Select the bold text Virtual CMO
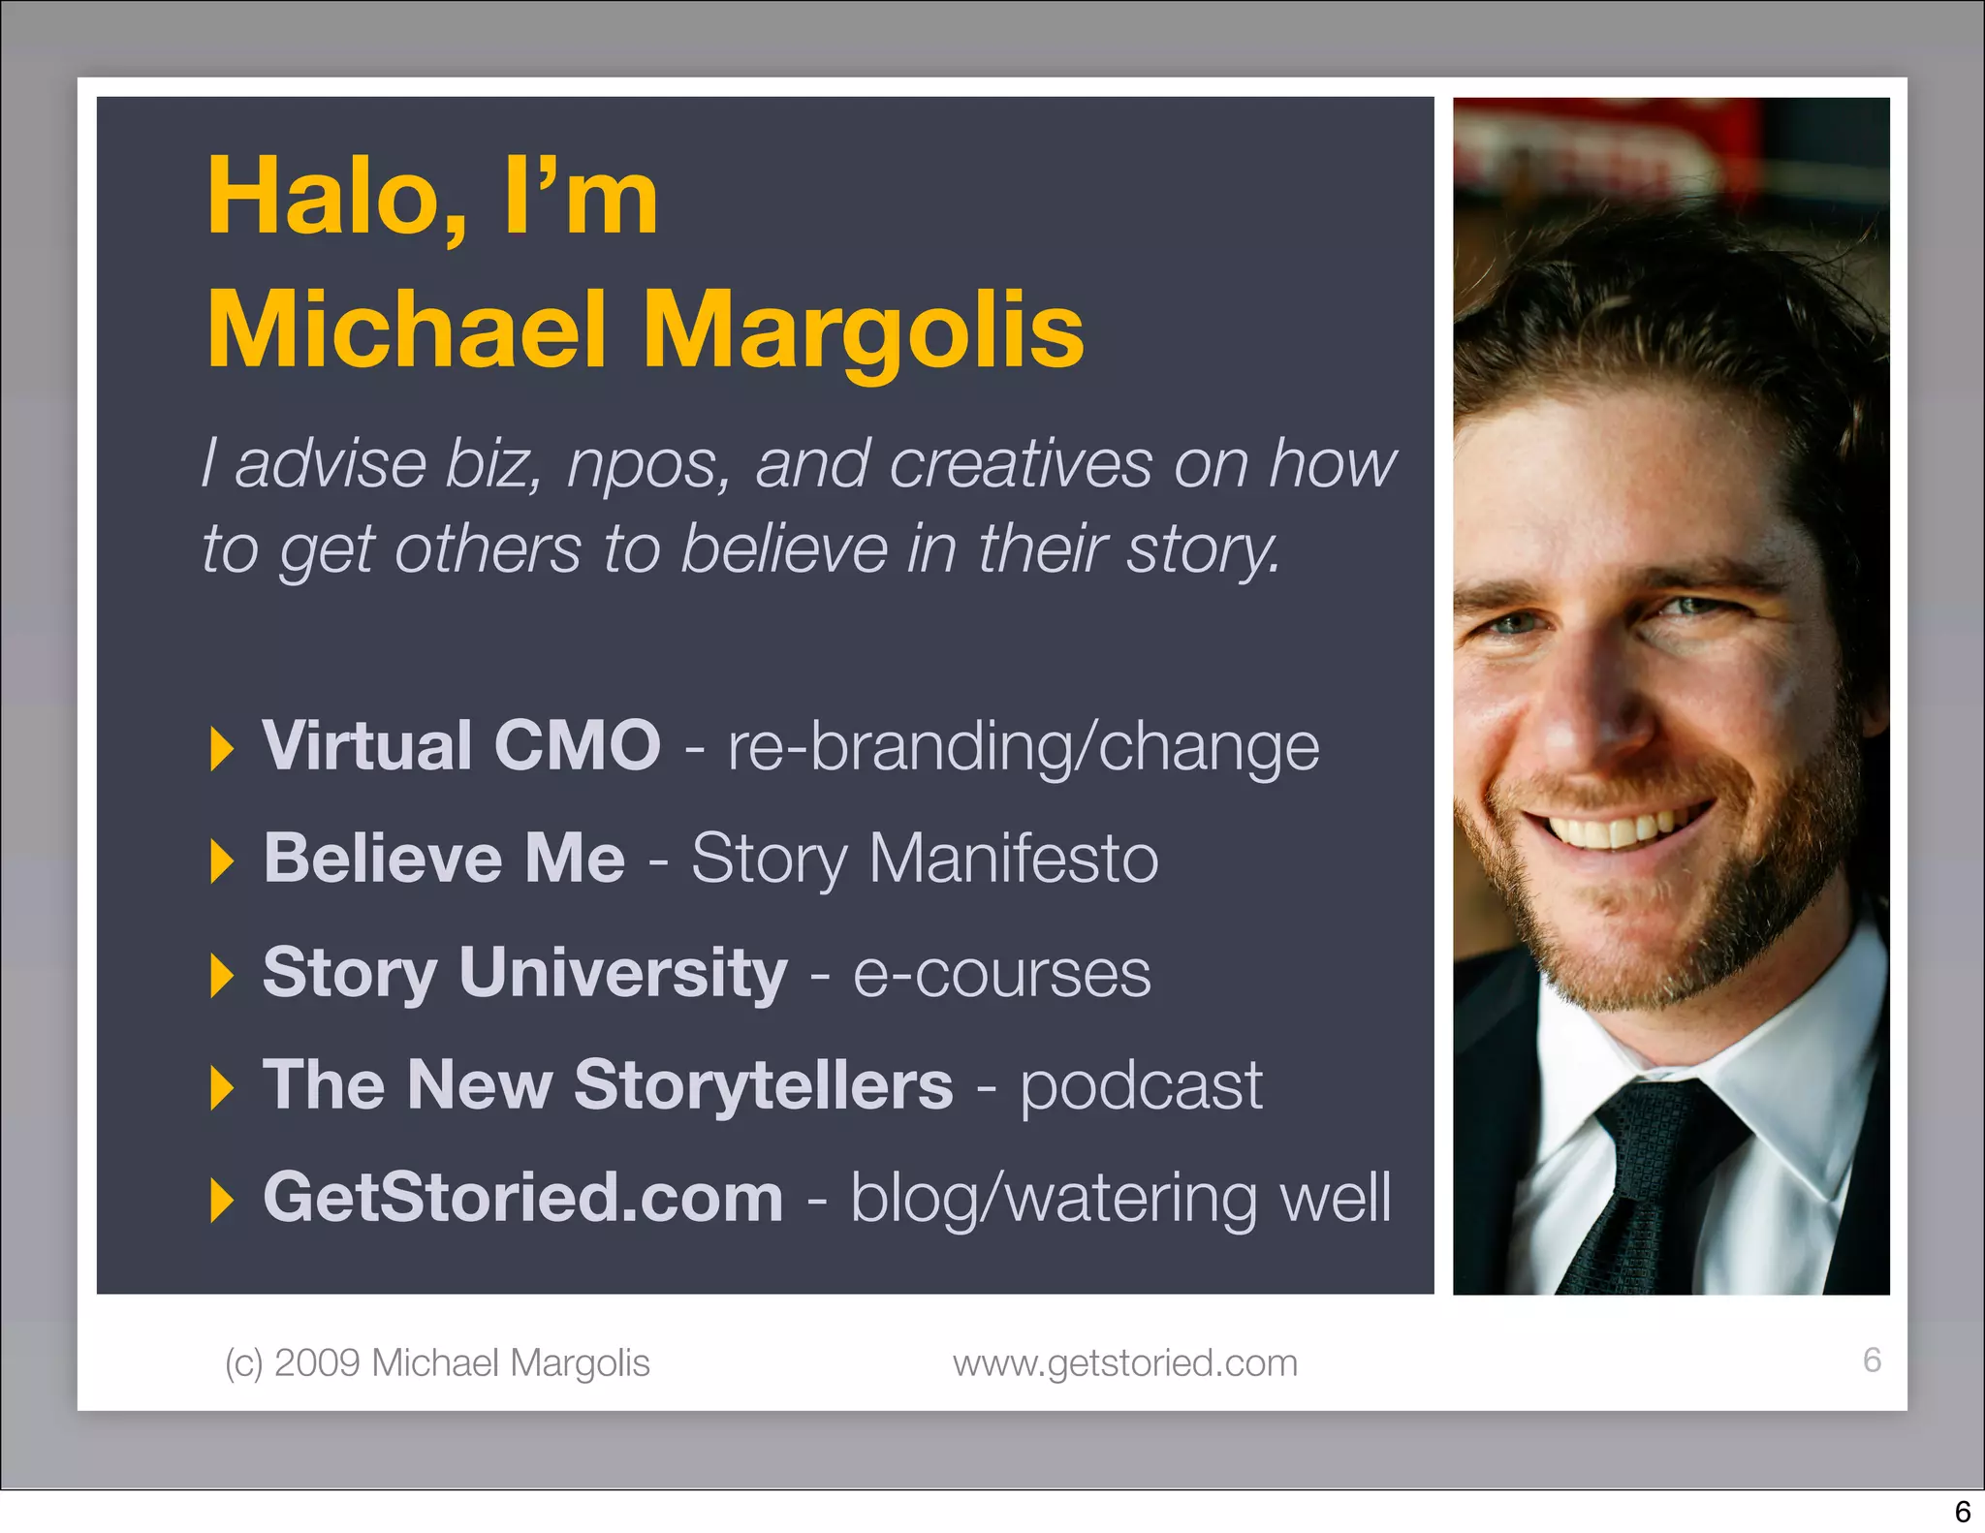point(461,745)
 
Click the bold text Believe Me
point(444,859)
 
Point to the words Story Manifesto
point(925,859)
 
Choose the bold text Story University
point(524,972)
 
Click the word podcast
point(1141,1085)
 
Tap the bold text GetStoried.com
point(522,1198)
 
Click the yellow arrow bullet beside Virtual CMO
point(222,749)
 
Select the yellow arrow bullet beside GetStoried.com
point(222,1202)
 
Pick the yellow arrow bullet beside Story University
point(222,975)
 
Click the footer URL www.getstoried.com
point(1124,1363)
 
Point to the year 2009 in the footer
point(317,1363)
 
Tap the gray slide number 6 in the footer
point(1872,1361)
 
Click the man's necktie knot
point(1669,1129)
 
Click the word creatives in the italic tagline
point(1021,464)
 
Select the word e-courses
point(1001,974)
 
